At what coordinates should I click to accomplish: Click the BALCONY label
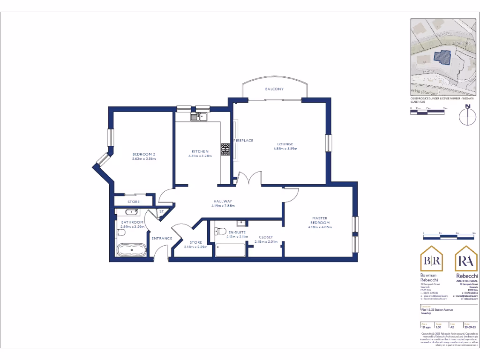point(274,89)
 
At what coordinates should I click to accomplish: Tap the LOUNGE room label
point(285,144)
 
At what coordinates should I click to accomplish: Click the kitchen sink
point(197,116)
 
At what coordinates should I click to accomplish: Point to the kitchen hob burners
point(225,149)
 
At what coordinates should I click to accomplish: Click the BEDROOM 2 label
point(143,155)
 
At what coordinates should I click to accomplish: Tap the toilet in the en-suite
point(218,231)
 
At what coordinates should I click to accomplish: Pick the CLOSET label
point(266,237)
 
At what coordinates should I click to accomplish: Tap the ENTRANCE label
point(162,238)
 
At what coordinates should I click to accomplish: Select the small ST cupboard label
point(161,211)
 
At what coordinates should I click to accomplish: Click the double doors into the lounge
point(248,180)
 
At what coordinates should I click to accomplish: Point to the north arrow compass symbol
point(467,116)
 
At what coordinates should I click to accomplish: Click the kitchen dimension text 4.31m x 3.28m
point(200,156)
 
